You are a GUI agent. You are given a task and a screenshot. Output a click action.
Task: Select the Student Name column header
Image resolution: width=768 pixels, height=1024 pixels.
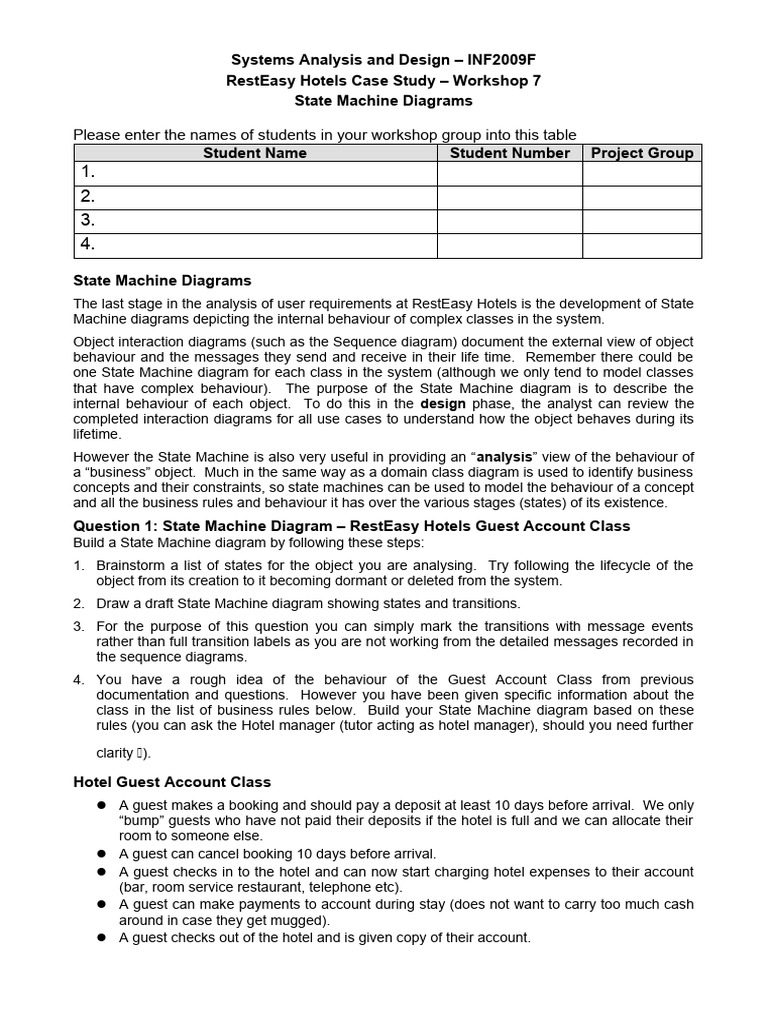click(255, 153)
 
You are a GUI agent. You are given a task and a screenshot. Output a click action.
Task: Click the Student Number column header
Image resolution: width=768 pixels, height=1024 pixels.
click(509, 153)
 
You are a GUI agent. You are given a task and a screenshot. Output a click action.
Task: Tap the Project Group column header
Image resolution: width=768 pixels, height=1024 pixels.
click(642, 153)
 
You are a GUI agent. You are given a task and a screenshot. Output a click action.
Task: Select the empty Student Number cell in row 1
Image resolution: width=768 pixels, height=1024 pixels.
click(509, 174)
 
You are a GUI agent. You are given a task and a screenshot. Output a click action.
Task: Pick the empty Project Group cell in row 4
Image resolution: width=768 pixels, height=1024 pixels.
click(642, 245)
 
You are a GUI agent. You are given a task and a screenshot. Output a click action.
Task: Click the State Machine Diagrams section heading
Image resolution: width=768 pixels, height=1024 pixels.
click(163, 281)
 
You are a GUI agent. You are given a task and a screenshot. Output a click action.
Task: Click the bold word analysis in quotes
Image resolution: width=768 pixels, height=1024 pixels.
click(505, 457)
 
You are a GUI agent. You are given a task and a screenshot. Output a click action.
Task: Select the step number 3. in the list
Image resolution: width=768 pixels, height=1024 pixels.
click(79, 626)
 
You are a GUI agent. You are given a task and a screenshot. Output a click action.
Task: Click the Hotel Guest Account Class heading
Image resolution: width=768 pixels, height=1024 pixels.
click(172, 782)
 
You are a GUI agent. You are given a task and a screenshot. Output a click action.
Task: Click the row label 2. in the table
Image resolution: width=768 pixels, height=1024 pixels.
click(88, 197)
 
